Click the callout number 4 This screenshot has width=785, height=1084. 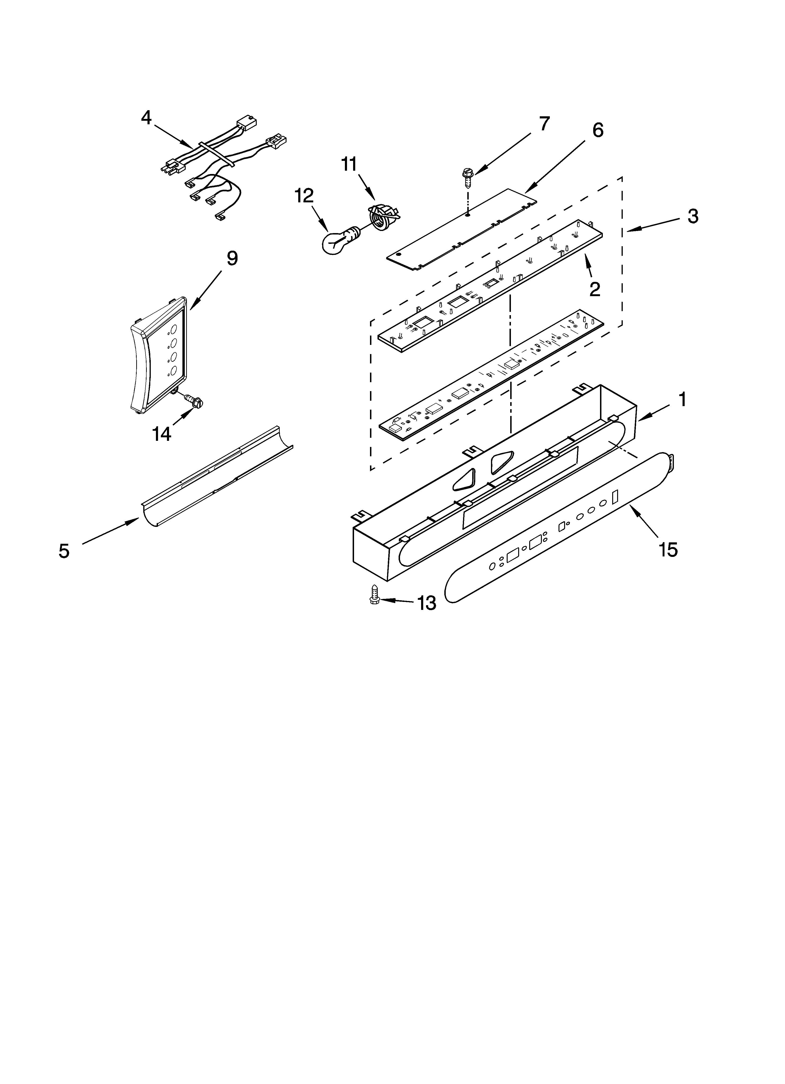coord(146,117)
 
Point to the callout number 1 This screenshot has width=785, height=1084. coord(682,400)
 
